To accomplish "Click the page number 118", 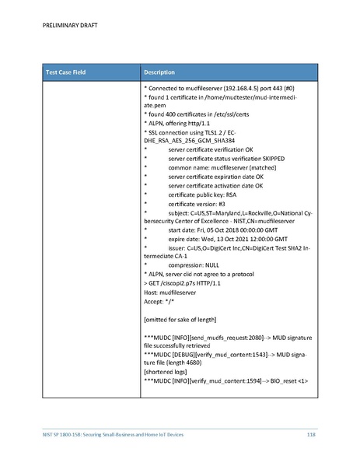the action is [311, 433].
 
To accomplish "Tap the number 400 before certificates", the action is [171, 114].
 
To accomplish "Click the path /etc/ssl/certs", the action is [226, 114].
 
